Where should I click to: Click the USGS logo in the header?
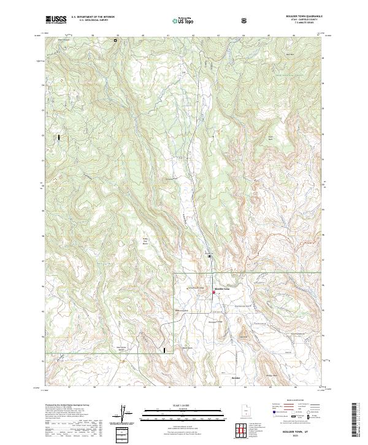(56, 20)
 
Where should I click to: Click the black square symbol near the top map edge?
(115, 41)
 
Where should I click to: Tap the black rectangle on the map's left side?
(59, 138)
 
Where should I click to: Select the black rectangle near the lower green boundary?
(164, 350)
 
